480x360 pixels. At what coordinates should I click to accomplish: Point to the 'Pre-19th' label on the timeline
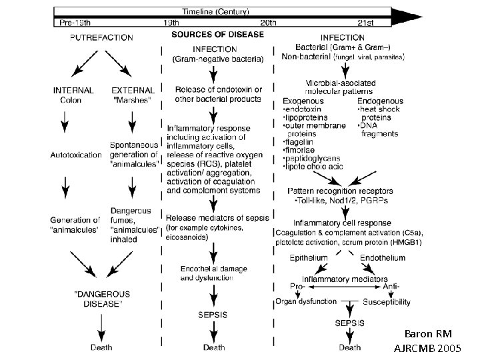click(75, 23)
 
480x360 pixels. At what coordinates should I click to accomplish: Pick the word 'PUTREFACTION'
click(101, 38)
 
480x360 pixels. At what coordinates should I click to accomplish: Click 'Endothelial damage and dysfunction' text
click(214, 272)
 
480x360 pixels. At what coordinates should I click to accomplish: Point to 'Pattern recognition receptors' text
click(342, 191)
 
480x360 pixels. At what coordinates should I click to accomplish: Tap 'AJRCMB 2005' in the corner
click(427, 349)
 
